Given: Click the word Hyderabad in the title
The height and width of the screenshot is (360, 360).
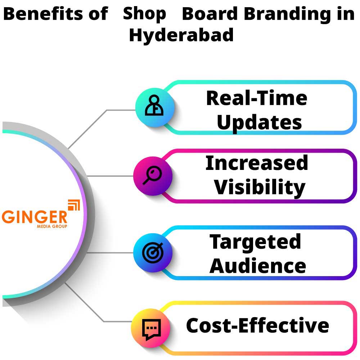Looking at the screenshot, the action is (181, 35).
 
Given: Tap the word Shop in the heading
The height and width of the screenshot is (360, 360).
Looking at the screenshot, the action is (144, 14).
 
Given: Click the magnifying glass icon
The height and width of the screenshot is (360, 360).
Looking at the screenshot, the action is (152, 175).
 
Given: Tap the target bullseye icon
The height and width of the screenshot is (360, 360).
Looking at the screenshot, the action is (153, 253).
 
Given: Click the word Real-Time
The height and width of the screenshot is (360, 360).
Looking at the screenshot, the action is (257, 98).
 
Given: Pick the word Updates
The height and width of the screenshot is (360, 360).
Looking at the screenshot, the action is (259, 123).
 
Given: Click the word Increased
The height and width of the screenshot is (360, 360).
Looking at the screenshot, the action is (257, 163).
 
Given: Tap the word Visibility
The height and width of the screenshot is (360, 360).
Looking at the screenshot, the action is (260, 188).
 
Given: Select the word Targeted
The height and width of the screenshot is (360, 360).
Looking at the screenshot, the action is (255, 242).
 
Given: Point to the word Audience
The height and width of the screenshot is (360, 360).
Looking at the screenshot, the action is (258, 266).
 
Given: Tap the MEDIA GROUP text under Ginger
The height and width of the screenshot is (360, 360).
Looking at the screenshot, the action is (52, 226).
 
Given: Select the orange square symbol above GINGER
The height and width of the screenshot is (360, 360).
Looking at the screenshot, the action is (74, 205).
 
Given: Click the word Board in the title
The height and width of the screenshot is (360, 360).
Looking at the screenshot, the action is (210, 14).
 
